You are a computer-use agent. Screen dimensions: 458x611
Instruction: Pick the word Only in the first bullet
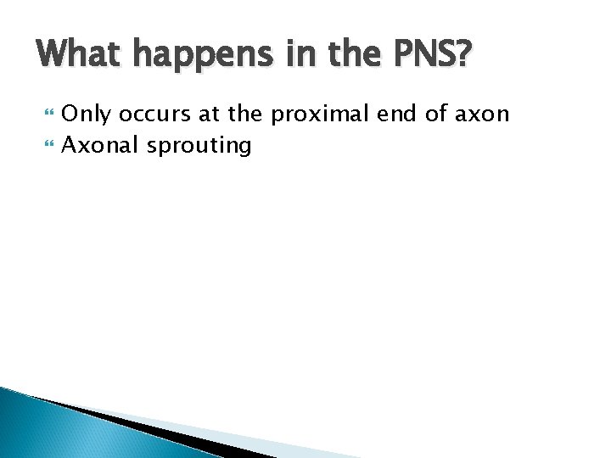pyautogui.click(x=87, y=114)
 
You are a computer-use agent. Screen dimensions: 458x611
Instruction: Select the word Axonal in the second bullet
pyautogui.click(x=101, y=146)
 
